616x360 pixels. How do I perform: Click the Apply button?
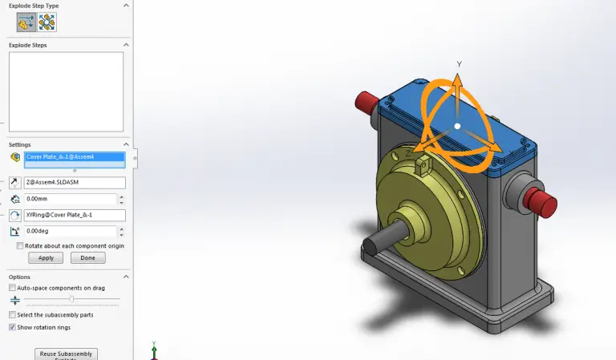tap(45, 258)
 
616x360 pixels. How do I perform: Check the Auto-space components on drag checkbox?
tap(12, 288)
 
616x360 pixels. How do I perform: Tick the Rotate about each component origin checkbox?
tap(21, 246)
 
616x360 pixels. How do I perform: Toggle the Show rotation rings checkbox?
tap(12, 327)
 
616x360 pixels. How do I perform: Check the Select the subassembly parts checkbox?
tap(12, 314)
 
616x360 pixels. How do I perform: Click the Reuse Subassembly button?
tap(66, 354)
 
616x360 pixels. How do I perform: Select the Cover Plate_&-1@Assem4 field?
tap(75, 157)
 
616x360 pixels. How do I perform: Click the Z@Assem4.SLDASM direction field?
tap(75, 183)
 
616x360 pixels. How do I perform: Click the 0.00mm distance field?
tap(75, 199)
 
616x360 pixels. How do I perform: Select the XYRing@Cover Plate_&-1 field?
tap(75, 215)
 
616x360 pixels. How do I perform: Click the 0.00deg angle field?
tap(75, 231)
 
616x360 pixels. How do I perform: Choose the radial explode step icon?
tap(47, 22)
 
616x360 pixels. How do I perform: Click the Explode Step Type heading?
tap(34, 6)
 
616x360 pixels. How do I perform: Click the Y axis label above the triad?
tap(459, 63)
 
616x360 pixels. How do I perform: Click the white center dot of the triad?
tap(457, 126)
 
